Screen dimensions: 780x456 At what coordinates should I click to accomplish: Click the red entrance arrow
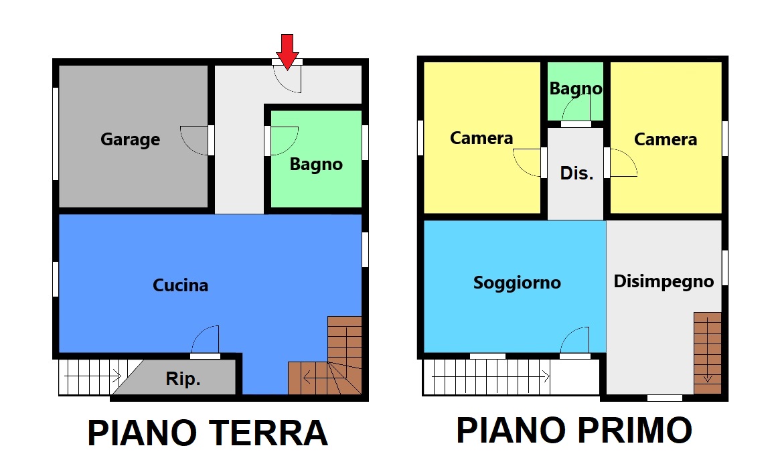pyautogui.click(x=287, y=51)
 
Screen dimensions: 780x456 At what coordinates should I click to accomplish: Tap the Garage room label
pyautogui.click(x=131, y=139)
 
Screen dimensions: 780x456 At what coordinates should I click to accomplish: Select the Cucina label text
pyautogui.click(x=180, y=285)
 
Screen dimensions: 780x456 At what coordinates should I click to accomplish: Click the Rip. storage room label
pyautogui.click(x=183, y=379)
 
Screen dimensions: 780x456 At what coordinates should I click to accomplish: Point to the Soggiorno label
pyautogui.click(x=517, y=283)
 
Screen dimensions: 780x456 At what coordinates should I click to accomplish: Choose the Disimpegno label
pyautogui.click(x=664, y=281)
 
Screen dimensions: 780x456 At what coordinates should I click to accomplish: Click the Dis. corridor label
pyautogui.click(x=576, y=173)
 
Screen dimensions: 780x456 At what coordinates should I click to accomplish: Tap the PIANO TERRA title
pyautogui.click(x=208, y=433)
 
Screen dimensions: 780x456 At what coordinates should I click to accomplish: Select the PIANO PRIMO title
pyautogui.click(x=574, y=430)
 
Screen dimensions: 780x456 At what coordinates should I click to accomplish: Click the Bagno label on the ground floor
pyautogui.click(x=316, y=165)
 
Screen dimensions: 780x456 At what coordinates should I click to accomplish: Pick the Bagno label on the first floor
pyautogui.click(x=576, y=88)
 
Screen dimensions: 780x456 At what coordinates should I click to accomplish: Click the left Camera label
pyautogui.click(x=481, y=138)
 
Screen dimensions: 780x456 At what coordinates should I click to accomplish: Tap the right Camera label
pyautogui.click(x=665, y=139)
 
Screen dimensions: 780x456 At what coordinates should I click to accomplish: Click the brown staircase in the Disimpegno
pyautogui.click(x=708, y=353)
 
